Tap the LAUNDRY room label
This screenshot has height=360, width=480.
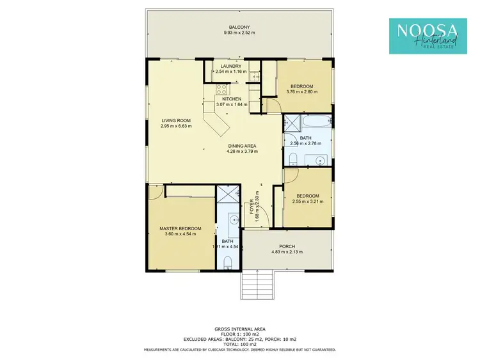pos(230,66)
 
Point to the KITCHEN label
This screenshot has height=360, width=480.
pos(231,99)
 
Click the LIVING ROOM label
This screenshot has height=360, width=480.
pos(175,120)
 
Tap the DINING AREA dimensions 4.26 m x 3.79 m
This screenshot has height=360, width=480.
pos(241,152)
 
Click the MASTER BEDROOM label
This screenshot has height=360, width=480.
pos(180,228)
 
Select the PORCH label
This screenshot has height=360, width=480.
pos(287,246)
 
